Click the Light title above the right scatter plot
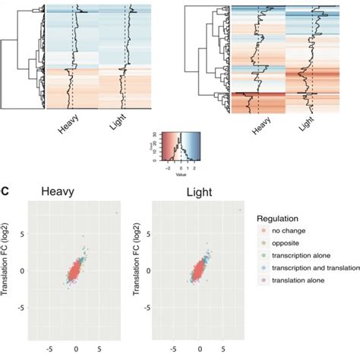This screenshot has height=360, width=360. click(198, 195)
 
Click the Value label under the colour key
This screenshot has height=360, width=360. click(180, 173)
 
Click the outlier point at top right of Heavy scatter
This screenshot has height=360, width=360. click(117, 213)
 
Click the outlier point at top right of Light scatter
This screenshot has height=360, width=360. click(241, 210)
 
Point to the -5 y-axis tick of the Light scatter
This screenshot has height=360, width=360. click(144, 308)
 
